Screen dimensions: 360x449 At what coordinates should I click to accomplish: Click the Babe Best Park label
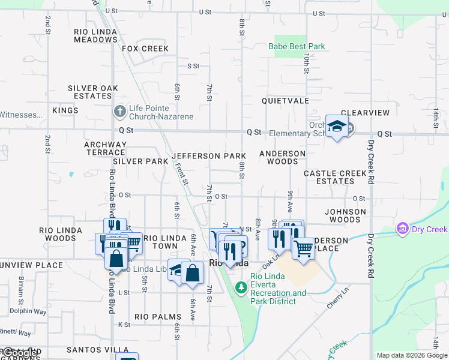click(x=300, y=46)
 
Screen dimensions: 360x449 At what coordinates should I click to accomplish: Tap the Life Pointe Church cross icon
click(x=119, y=112)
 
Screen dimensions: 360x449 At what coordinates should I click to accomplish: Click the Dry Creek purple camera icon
click(x=402, y=229)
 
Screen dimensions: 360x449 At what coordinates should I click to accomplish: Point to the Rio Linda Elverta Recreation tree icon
click(x=241, y=288)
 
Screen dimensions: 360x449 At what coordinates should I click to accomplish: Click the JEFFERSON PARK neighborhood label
click(x=209, y=156)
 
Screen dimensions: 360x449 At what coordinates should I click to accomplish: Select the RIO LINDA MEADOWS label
click(x=96, y=35)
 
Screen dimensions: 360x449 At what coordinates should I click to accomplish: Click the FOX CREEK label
click(x=145, y=49)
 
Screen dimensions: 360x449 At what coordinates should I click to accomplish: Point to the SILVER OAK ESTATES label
click(x=93, y=92)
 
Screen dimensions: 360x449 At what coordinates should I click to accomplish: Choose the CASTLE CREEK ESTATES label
click(x=335, y=177)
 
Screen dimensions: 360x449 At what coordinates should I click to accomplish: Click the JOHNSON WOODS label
click(x=345, y=215)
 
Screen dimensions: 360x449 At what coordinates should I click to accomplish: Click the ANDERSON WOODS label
click(x=282, y=157)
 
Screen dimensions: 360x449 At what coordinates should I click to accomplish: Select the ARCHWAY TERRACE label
click(x=106, y=148)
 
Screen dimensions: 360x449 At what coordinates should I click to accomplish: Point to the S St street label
click(x=193, y=66)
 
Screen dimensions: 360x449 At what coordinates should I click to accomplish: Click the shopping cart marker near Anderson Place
click(x=304, y=246)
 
